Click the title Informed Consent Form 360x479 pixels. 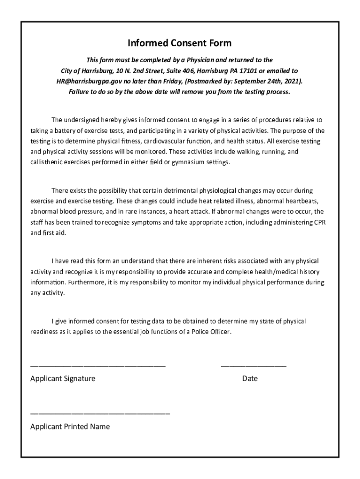(x=180, y=44)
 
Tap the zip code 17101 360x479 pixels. (x=257, y=71)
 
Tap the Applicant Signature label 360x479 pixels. (x=63, y=378)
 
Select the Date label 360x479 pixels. (x=250, y=378)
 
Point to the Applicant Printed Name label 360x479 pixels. (x=70, y=427)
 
